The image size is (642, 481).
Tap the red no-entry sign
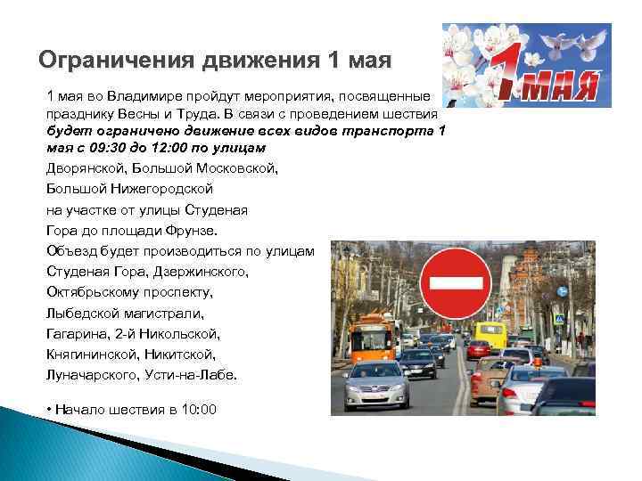pyautogui.click(x=457, y=283)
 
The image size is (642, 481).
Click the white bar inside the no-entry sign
pyautogui.click(x=457, y=283)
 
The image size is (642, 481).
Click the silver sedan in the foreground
pyautogui.click(x=376, y=383)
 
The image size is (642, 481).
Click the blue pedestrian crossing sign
pyautogui.click(x=559, y=319)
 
